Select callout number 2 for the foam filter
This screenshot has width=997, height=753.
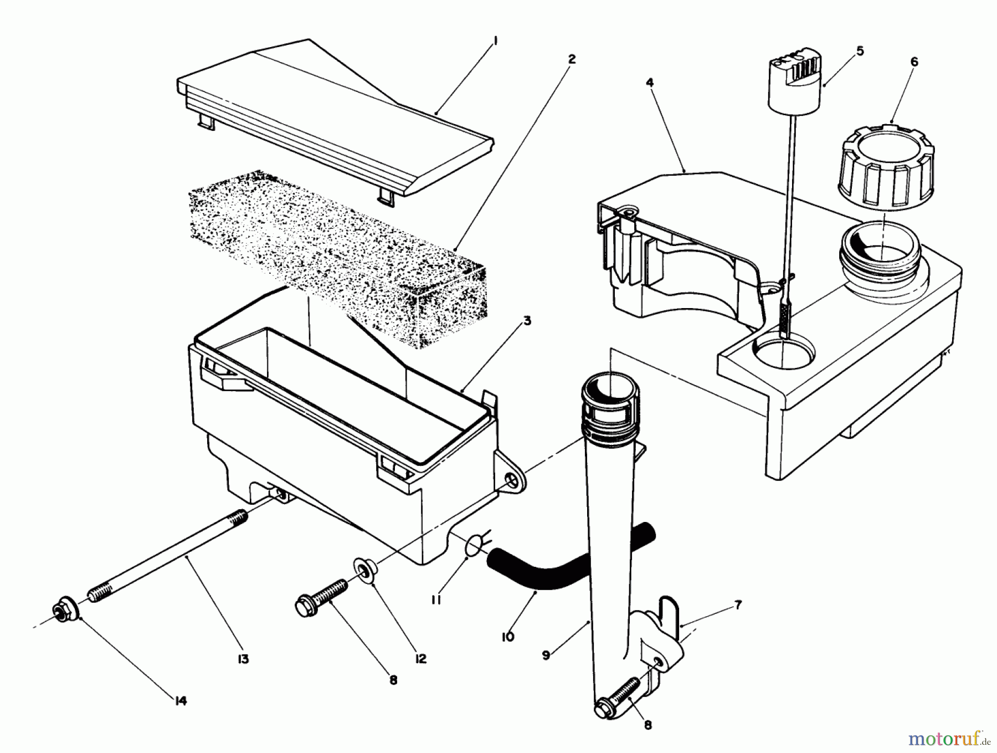[x=572, y=59]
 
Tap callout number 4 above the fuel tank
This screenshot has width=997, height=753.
[x=649, y=83]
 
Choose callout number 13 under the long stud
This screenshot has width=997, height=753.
[x=243, y=659]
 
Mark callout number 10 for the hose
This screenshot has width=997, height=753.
[x=507, y=637]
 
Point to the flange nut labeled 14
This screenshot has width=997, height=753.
[x=64, y=608]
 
